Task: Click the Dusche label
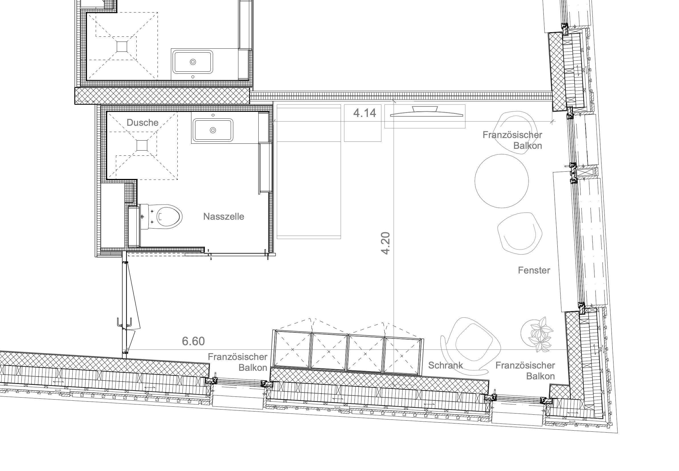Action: (142, 122)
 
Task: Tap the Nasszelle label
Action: (224, 216)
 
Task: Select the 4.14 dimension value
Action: (365, 113)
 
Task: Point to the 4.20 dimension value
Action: (385, 243)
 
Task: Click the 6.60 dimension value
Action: (193, 341)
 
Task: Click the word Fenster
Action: (534, 270)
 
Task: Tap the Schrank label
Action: (445, 365)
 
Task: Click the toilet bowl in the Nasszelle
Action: (169, 217)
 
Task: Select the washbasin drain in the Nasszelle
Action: (213, 130)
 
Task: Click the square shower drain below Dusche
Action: (142, 145)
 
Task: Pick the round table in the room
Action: (502, 181)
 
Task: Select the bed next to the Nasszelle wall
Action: (309, 172)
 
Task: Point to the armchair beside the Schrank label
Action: (471, 345)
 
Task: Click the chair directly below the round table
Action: (520, 233)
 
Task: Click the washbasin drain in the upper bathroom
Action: (193, 62)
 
